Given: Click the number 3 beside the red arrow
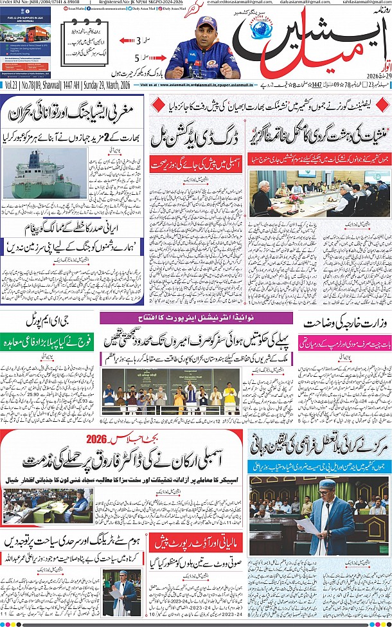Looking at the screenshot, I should tap(137, 41).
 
